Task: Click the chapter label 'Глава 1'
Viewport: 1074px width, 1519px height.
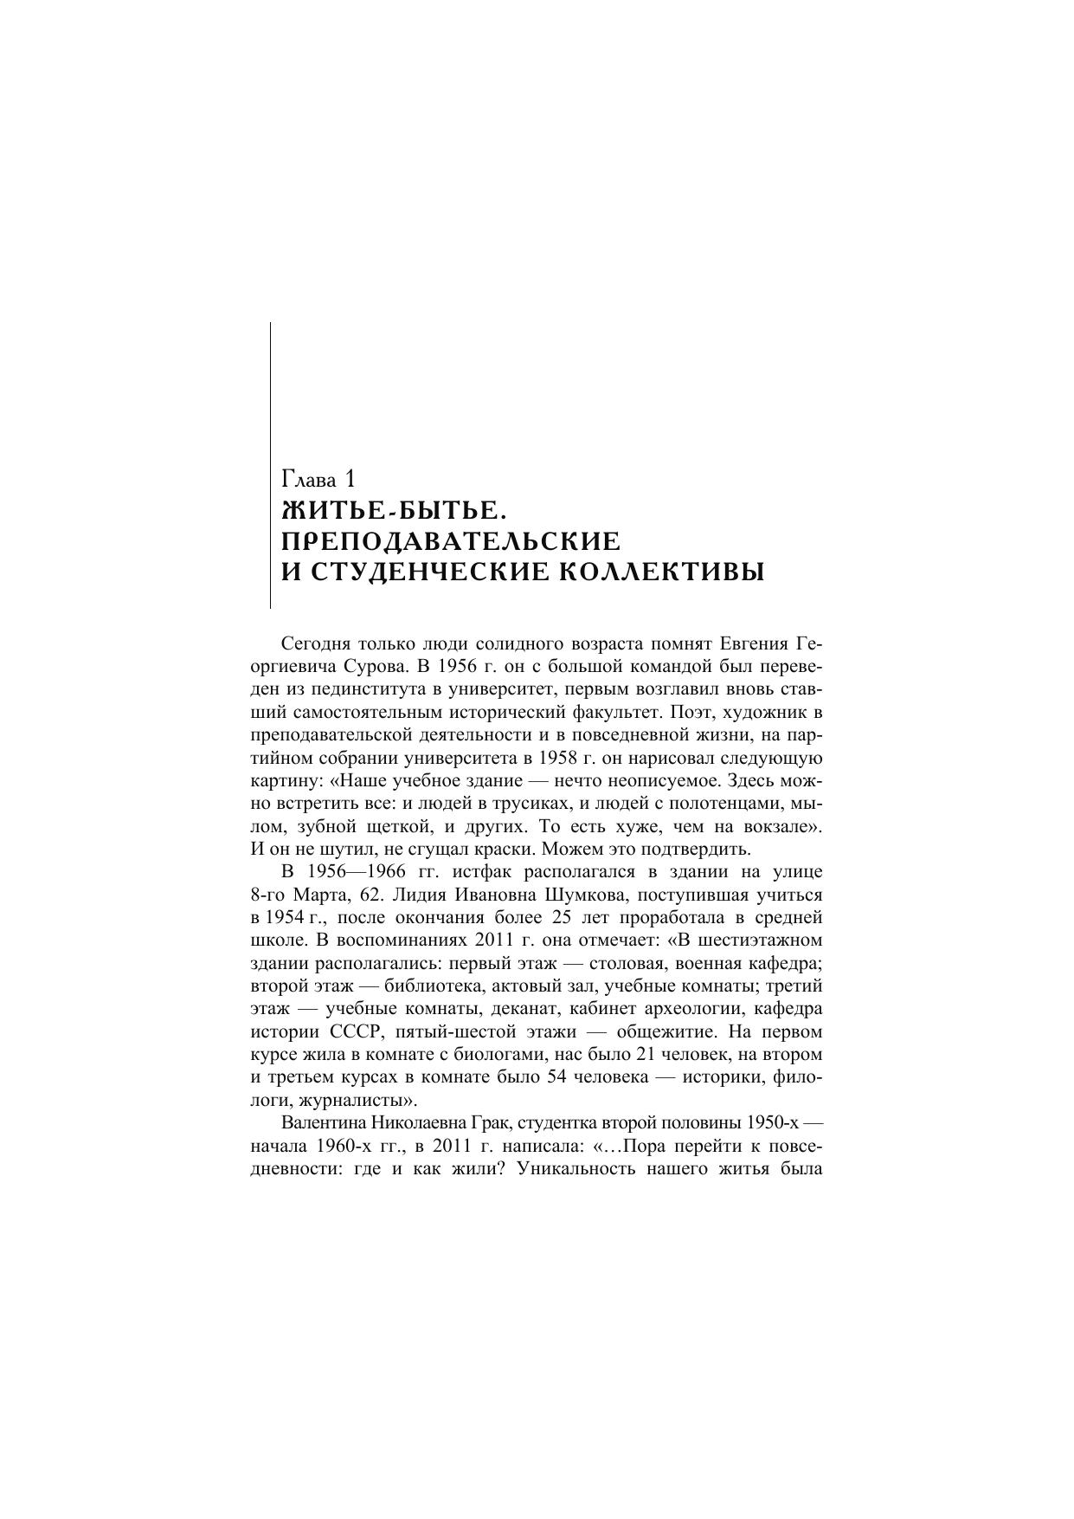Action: pyautogui.click(x=318, y=479)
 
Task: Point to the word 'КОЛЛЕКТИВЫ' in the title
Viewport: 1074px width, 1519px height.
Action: pyautogui.click(x=660, y=572)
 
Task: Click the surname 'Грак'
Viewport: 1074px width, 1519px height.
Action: pyautogui.click(x=494, y=1123)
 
